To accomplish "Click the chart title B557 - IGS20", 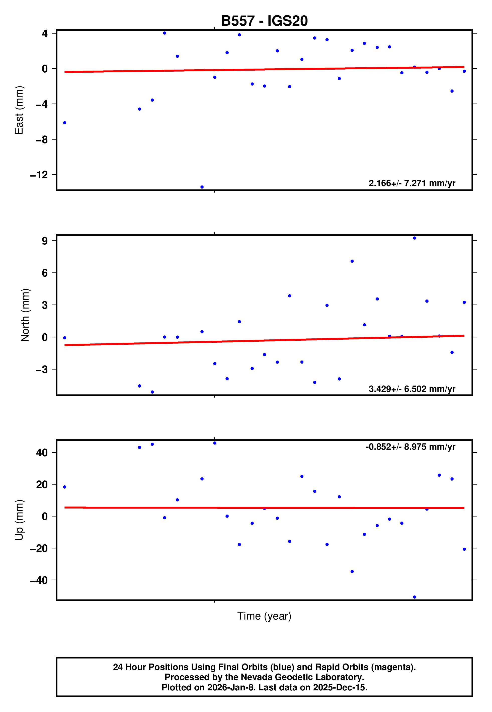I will point(264,21).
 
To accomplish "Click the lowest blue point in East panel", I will point(202,187).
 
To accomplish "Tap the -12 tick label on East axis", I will point(39,175).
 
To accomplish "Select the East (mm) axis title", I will point(19,110).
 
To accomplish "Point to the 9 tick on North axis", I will point(45,241).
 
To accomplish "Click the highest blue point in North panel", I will point(415,238).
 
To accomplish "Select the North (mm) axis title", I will point(25,315).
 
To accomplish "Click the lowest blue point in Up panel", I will point(415,597).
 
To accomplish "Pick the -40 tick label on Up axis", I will point(39,580).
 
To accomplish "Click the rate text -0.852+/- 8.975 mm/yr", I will point(410,447).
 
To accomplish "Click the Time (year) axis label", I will point(264,616).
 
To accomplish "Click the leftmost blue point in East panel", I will point(65,123).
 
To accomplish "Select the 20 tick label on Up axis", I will point(42,485).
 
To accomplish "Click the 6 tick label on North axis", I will point(45,273).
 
